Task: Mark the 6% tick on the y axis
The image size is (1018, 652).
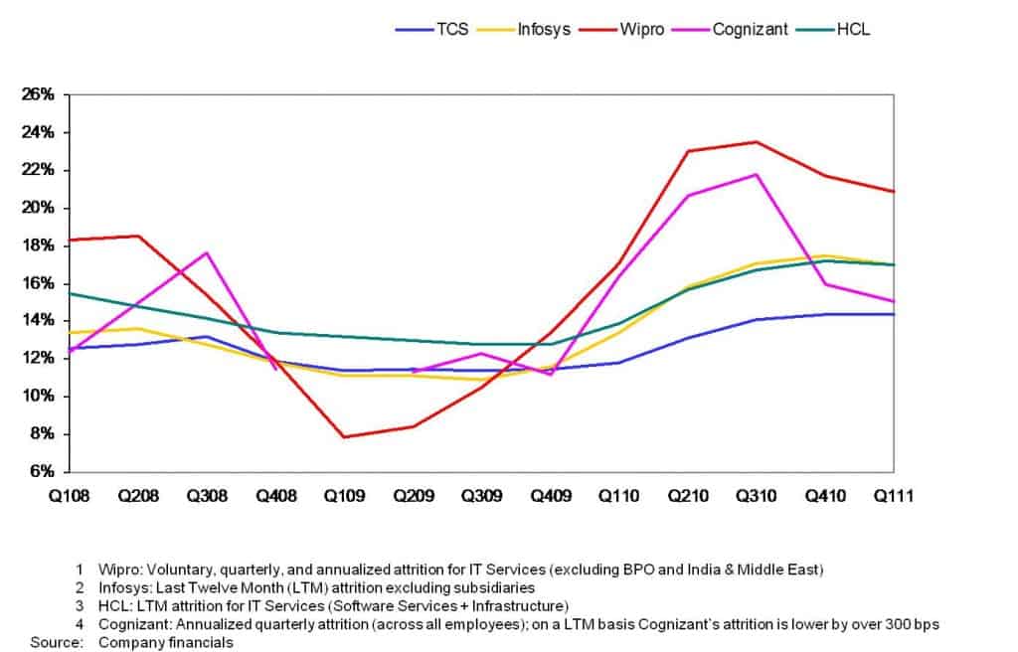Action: tap(38, 472)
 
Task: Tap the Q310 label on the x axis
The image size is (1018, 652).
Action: tap(757, 494)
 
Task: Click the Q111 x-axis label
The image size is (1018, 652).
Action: tap(893, 494)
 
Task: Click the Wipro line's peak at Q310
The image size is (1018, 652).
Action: tap(757, 142)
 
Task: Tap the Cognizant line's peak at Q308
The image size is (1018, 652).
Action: tap(206, 252)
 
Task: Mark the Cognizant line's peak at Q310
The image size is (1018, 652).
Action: tap(757, 175)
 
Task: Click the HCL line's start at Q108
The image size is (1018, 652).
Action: tap(70, 293)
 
